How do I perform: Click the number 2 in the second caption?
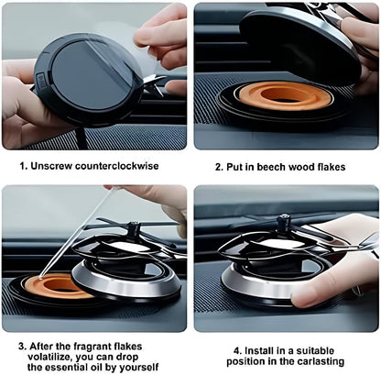(x=218, y=168)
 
